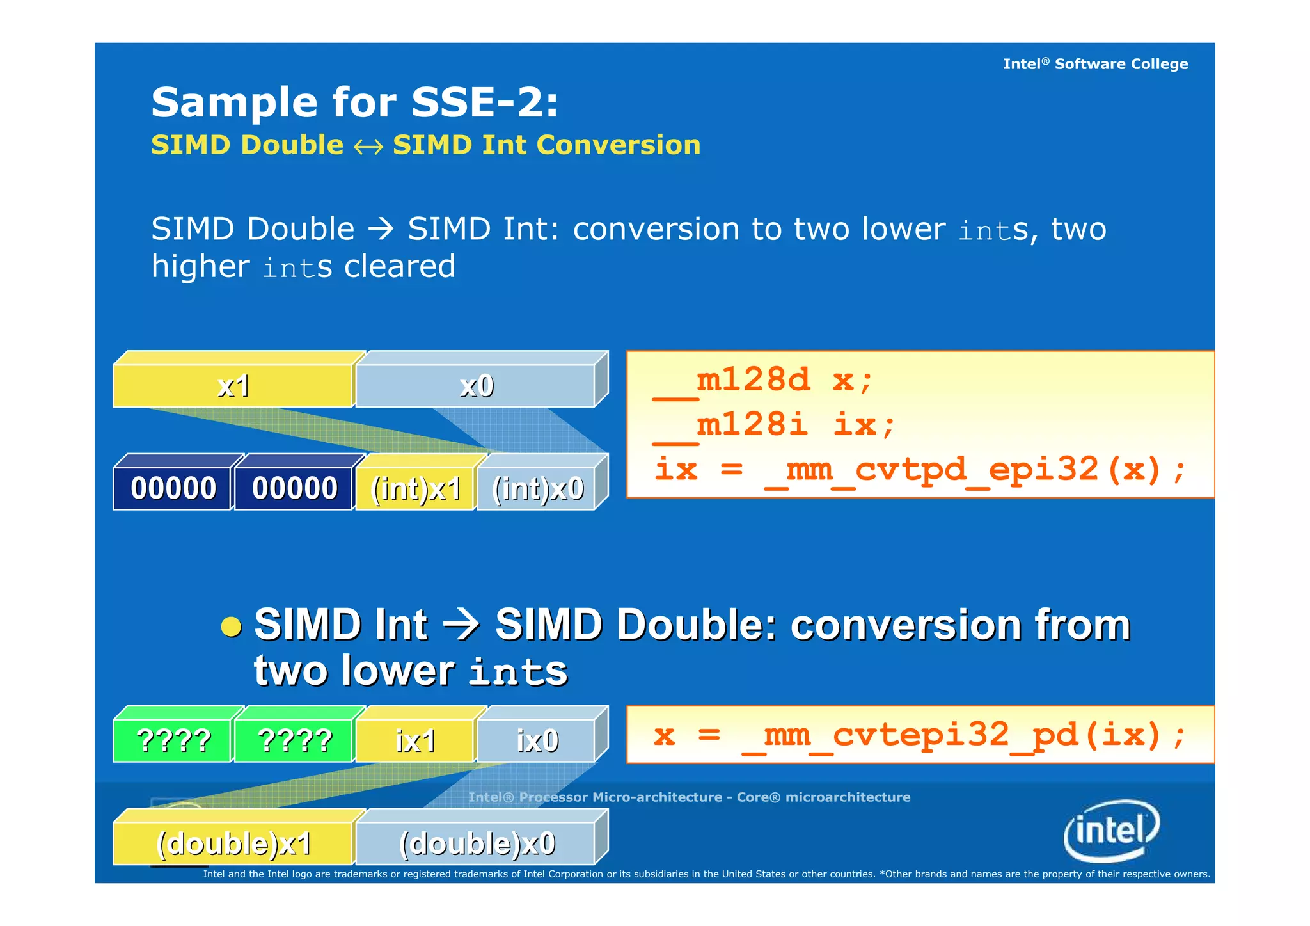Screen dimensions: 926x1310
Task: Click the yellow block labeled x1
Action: point(233,386)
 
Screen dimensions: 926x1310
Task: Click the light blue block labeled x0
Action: point(476,386)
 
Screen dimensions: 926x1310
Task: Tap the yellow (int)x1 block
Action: point(416,489)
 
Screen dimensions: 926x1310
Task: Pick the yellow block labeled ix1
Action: point(416,741)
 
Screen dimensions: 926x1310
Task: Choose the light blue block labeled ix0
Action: point(537,741)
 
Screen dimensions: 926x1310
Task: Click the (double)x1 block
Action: point(233,843)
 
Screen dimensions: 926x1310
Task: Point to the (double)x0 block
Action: point(477,843)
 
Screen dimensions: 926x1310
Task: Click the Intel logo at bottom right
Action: point(1112,831)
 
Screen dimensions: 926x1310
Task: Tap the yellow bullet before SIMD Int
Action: point(231,627)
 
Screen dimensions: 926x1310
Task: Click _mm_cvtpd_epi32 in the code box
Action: point(931,470)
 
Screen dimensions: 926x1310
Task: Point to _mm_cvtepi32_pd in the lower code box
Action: point(908,735)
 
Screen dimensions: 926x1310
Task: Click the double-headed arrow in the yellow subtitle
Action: point(368,147)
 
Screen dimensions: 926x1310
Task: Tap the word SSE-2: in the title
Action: point(484,102)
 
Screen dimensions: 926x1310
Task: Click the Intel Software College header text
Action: point(1095,64)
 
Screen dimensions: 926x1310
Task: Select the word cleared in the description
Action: point(399,266)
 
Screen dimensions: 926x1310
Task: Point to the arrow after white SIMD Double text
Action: point(381,229)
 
